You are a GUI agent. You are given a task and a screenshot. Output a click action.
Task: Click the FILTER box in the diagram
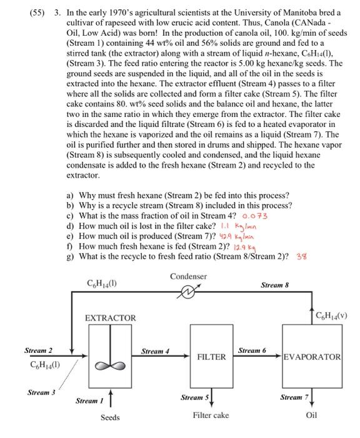(x=211, y=357)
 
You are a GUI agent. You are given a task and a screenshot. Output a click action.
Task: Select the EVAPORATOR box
(x=312, y=357)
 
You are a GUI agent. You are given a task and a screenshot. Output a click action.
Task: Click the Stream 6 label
(x=252, y=350)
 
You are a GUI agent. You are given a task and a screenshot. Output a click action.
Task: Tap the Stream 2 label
(x=38, y=350)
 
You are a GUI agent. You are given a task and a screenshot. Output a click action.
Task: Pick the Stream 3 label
(x=41, y=392)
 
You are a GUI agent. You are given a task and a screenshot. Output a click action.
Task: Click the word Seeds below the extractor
(x=111, y=417)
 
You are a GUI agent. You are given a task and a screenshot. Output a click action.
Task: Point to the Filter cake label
(x=211, y=415)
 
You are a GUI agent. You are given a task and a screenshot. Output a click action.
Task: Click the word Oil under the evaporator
(x=311, y=415)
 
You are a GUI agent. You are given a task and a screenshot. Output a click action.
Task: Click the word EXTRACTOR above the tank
(x=111, y=318)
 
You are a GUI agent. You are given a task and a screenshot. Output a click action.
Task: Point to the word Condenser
(x=187, y=276)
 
